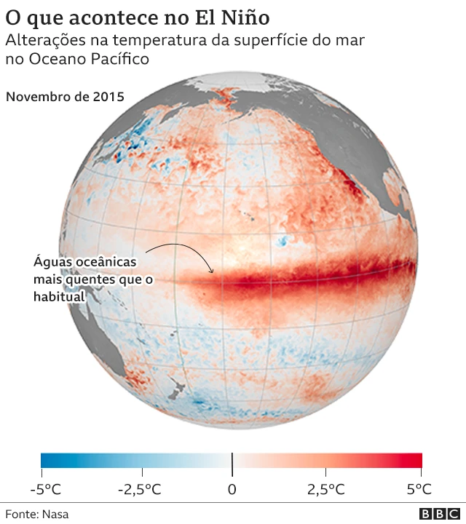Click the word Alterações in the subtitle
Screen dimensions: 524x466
(45, 41)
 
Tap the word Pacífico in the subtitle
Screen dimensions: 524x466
(120, 59)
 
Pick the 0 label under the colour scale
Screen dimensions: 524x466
(232, 488)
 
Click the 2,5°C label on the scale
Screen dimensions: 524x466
(325, 488)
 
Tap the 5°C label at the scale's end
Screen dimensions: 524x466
(414, 488)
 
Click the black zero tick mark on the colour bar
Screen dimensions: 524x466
(232, 461)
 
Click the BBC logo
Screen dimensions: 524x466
(435, 514)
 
